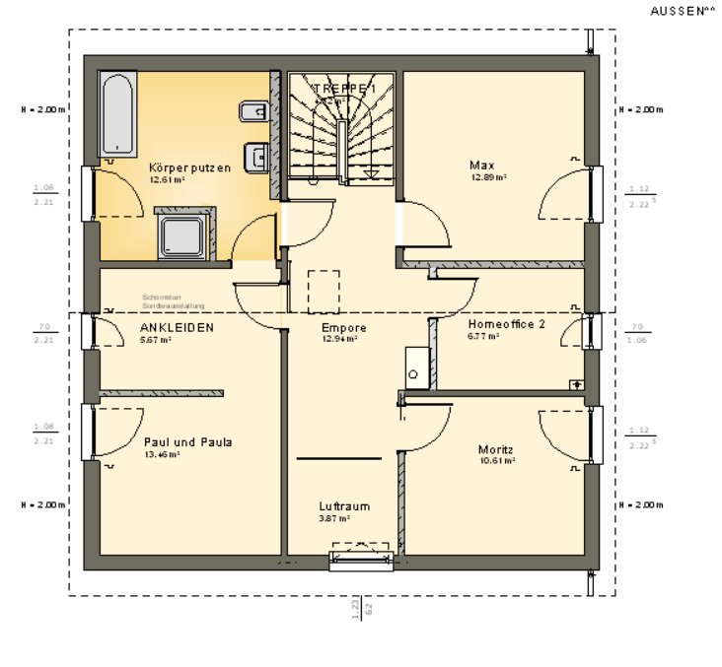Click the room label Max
pyautogui.click(x=482, y=166)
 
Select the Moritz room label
pyautogui.click(x=496, y=449)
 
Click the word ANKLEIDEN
pyautogui.click(x=177, y=327)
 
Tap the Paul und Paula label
pyautogui.click(x=187, y=442)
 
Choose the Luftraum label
pyautogui.click(x=344, y=506)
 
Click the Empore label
pyautogui.click(x=344, y=328)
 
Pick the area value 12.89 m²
pyautogui.click(x=487, y=177)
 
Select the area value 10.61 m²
pyautogui.click(x=499, y=461)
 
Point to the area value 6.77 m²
pyautogui.click(x=484, y=336)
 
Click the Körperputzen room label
pyautogui.click(x=189, y=167)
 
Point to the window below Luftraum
pyautogui.click(x=360, y=561)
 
